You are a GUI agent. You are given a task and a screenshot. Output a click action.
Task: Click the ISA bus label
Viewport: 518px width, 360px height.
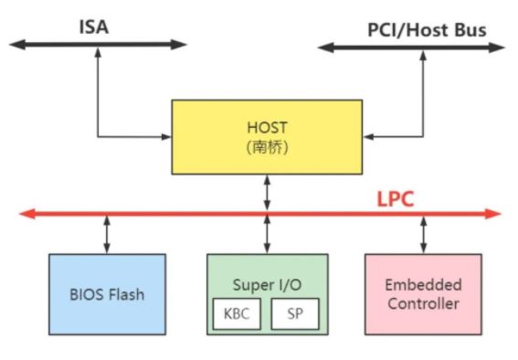(94, 27)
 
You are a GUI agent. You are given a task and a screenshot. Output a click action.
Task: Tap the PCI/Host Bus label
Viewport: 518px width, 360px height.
(427, 30)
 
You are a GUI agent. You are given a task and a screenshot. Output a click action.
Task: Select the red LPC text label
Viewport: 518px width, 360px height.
(396, 199)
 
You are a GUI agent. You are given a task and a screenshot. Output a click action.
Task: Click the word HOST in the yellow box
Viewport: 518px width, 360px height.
(267, 128)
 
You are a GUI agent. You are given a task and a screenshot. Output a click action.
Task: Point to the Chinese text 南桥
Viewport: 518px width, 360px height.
(267, 147)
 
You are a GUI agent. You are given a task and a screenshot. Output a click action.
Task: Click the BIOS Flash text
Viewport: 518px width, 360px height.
(107, 294)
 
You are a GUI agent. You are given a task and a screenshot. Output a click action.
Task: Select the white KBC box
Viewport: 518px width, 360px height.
(237, 313)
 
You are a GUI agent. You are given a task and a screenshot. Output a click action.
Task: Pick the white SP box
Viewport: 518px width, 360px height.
(295, 313)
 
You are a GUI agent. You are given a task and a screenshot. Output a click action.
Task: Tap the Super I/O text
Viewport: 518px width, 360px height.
(267, 285)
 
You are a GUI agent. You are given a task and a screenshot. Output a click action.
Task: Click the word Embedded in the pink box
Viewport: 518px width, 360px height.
(423, 285)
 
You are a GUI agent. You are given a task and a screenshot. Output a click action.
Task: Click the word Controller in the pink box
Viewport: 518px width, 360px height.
(423, 303)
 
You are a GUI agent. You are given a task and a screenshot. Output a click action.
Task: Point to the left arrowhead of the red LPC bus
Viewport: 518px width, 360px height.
(27, 214)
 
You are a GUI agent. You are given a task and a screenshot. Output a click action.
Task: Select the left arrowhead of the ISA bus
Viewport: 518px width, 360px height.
(17, 45)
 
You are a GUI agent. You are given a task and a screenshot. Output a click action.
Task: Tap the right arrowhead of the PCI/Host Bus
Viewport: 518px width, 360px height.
(496, 48)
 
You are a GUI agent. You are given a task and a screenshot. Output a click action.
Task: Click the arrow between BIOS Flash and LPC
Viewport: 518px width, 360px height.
(107, 235)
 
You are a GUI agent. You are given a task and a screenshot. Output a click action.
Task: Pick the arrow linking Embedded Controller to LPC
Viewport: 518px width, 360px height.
(424, 235)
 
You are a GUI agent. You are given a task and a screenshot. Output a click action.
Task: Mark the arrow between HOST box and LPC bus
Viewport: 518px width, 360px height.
(268, 193)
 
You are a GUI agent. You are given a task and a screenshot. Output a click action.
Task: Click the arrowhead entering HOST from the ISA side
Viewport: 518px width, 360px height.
(166, 136)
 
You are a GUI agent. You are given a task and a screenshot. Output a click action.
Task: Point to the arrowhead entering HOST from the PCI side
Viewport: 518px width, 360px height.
(368, 136)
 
